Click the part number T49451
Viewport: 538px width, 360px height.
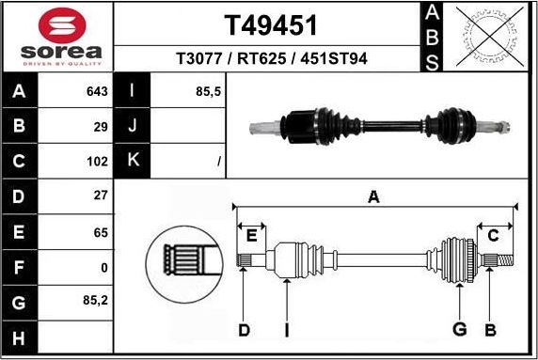pyautogui.click(x=271, y=24)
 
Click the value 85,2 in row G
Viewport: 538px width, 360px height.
pyautogui.click(x=97, y=301)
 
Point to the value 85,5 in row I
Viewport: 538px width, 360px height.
pyautogui.click(x=209, y=92)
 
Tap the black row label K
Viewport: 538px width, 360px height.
pyautogui.click(x=133, y=161)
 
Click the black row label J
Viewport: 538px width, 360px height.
pyautogui.click(x=133, y=126)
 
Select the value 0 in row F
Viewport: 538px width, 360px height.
pyautogui.click(x=104, y=266)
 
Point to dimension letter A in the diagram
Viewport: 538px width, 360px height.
pyautogui.click(x=373, y=196)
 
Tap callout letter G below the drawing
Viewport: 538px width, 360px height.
pyautogui.click(x=459, y=328)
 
